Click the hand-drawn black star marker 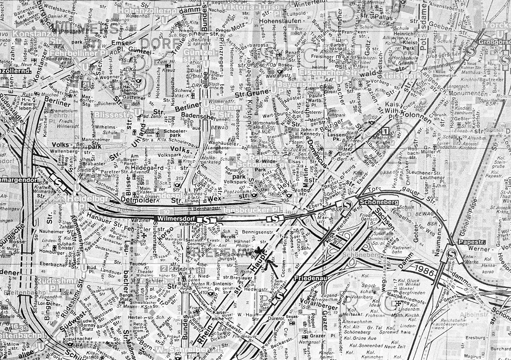tap(259, 251)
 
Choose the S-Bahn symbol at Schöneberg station tap(347, 204)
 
